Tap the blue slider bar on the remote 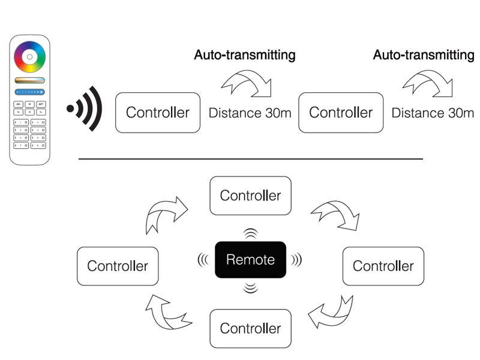pos(30,92)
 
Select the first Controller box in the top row pos(158,112)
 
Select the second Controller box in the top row pos(341,112)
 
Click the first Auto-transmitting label pos(245,55)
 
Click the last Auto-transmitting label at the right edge pos(424,55)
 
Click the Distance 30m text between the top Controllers pos(250,113)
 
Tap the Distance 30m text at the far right pos(433,113)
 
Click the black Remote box pos(250,260)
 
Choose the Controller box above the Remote pos(250,196)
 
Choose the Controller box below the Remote pos(250,328)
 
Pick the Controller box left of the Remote pos(118,266)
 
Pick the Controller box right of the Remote pos(383,266)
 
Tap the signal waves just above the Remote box pos(250,233)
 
